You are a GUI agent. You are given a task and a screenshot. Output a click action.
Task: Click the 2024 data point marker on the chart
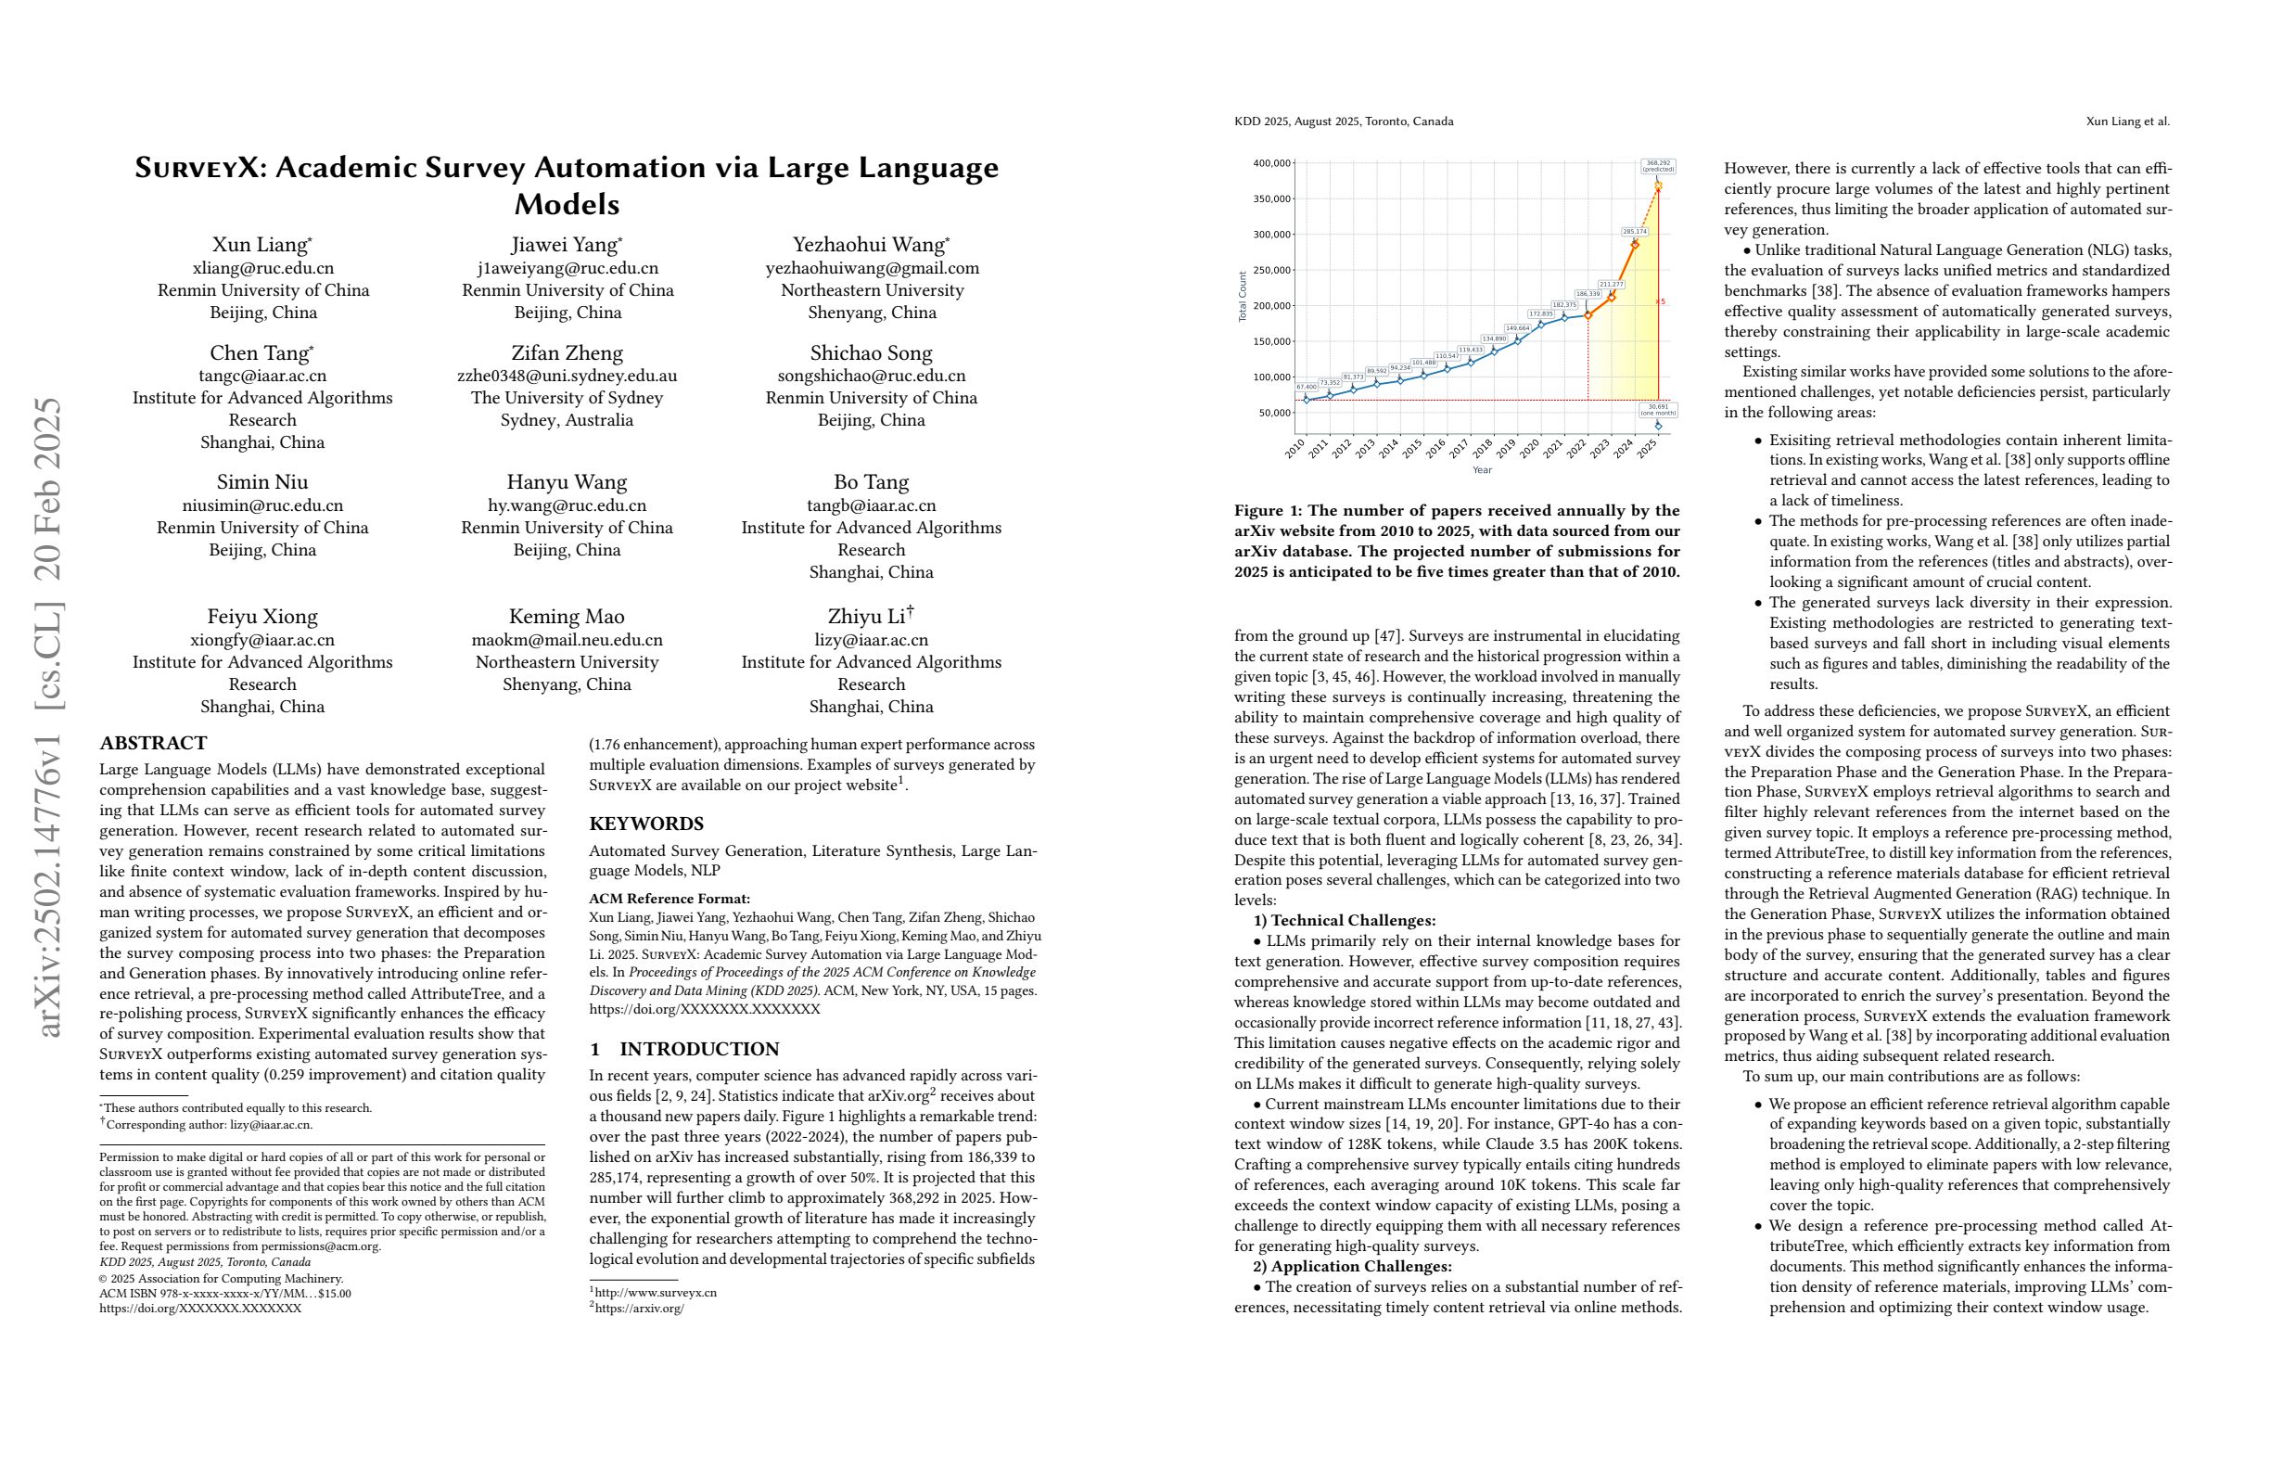[x=1635, y=244]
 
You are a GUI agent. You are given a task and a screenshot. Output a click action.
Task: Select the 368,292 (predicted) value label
[x=1659, y=166]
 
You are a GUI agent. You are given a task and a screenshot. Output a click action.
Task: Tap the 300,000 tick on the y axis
[x=1273, y=235]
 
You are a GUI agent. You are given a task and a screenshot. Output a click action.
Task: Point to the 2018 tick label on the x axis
[x=1481, y=448]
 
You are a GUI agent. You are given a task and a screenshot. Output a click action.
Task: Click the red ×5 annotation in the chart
[x=1662, y=302]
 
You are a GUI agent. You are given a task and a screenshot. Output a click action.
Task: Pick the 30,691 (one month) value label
[x=1659, y=410]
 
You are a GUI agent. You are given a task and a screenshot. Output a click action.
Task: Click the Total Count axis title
[x=1243, y=297]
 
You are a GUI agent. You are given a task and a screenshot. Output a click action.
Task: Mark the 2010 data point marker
[x=1307, y=400]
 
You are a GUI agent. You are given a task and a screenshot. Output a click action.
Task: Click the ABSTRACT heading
[x=153, y=743]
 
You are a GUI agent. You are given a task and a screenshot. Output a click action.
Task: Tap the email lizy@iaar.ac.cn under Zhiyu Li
[x=871, y=640]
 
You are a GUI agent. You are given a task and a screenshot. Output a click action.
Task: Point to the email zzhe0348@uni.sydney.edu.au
[x=567, y=376]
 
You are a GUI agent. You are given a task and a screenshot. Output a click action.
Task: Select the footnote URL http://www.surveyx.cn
[x=656, y=1293]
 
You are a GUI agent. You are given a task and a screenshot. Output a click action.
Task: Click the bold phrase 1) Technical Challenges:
[x=1344, y=921]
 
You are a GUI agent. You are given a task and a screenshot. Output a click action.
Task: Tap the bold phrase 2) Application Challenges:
[x=1351, y=1267]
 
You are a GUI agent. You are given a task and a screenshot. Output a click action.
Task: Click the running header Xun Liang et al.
[x=2127, y=121]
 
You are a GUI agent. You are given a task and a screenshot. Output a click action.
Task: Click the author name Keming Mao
[x=567, y=617]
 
